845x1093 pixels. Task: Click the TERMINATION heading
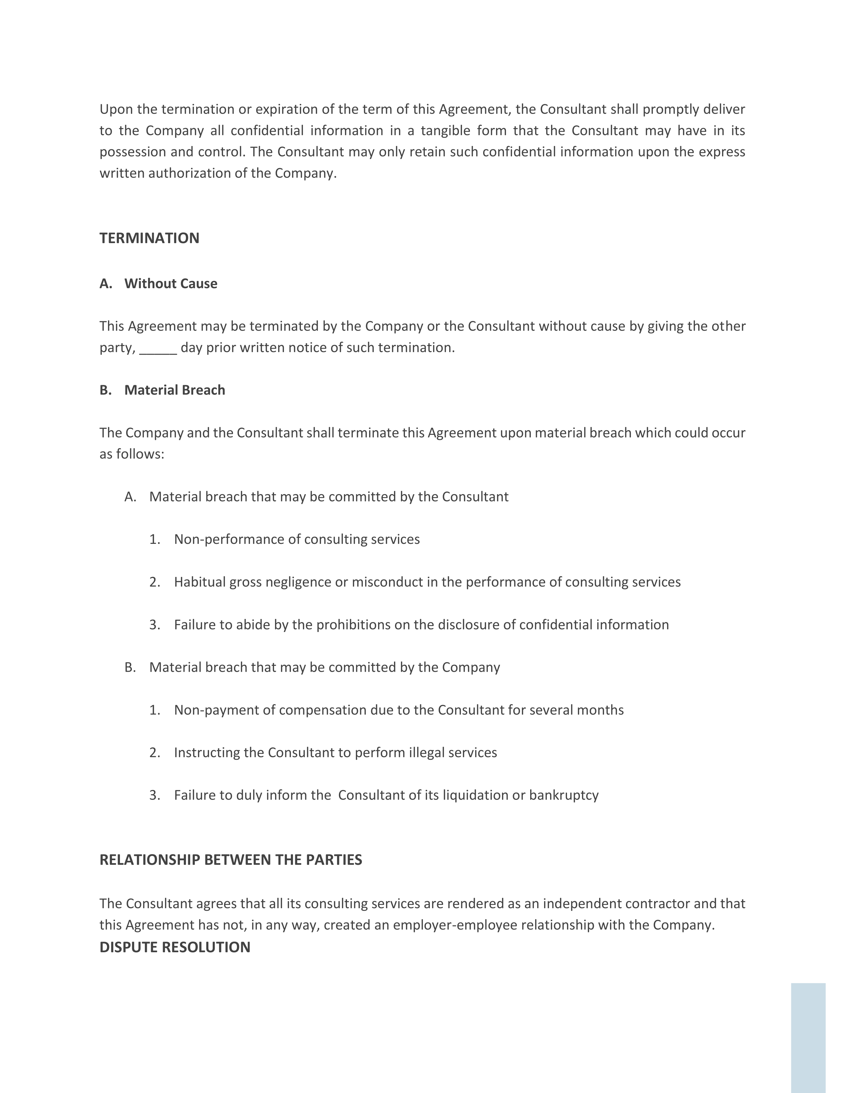coord(149,238)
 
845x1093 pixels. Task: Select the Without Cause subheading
coord(171,284)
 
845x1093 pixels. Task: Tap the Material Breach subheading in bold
coord(174,390)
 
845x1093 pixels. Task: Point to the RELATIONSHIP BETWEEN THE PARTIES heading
coord(231,860)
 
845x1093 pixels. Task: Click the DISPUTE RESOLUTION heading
coord(175,947)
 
